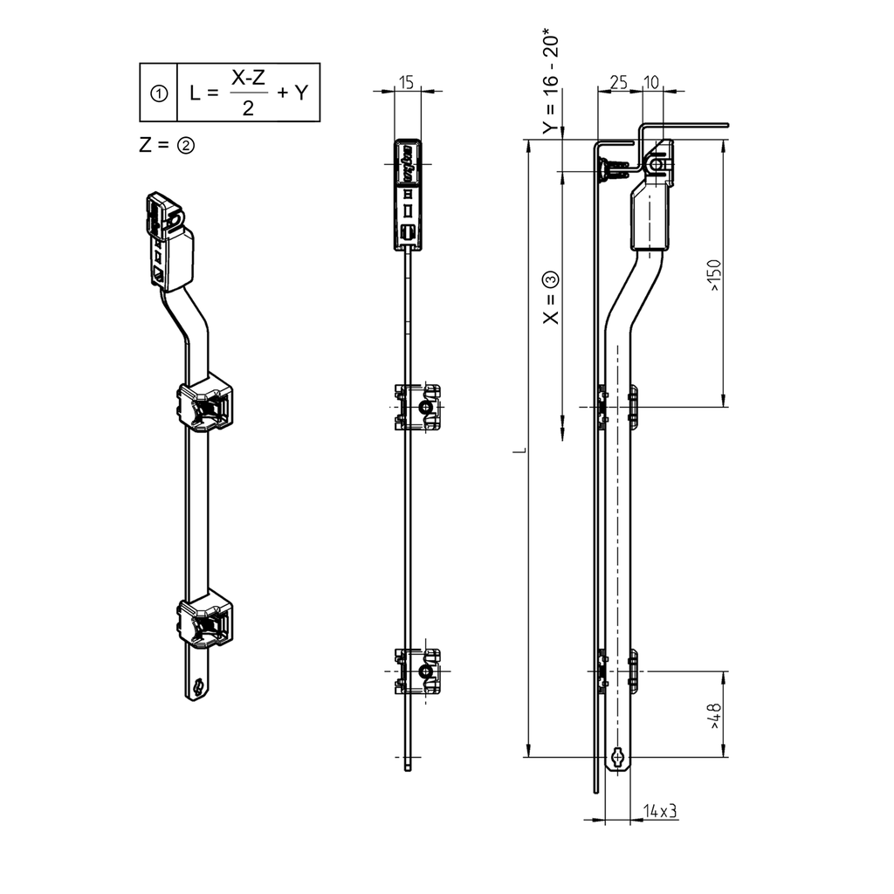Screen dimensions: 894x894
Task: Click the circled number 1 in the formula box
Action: pos(160,93)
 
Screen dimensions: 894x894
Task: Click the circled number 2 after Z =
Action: pos(185,145)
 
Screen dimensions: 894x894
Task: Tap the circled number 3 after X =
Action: pos(550,280)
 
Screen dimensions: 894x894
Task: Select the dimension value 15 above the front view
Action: pos(407,82)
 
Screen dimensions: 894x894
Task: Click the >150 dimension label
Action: pos(714,275)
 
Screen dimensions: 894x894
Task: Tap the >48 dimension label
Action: pos(714,717)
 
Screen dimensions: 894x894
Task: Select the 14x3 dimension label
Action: pos(660,811)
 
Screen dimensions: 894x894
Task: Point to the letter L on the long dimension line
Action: pos(520,450)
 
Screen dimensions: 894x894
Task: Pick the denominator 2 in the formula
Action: pos(248,107)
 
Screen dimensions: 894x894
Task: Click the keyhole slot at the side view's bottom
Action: pos(618,757)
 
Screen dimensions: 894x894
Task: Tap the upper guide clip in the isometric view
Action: pos(206,403)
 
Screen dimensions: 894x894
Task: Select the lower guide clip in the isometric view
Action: pos(206,620)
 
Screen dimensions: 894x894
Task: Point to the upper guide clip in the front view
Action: pos(417,408)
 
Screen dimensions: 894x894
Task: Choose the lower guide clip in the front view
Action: pos(417,670)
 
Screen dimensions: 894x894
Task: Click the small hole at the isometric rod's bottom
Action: pos(201,686)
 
